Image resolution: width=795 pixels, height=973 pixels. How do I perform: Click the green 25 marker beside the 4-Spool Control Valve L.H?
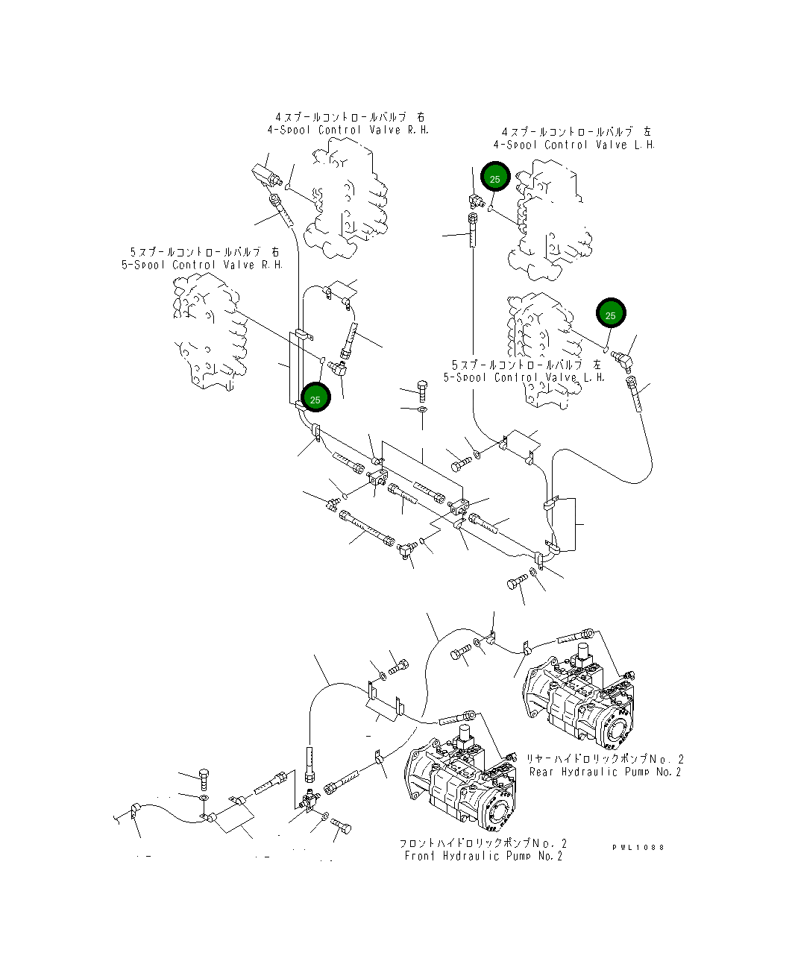pos(494,178)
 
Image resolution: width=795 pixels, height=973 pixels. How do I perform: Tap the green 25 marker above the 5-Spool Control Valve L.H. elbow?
pos(610,315)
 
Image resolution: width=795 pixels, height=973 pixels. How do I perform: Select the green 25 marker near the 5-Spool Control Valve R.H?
pos(315,399)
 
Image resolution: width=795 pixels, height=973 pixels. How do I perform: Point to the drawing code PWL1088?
pos(638,847)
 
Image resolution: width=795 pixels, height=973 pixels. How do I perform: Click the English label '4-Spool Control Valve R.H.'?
pos(348,130)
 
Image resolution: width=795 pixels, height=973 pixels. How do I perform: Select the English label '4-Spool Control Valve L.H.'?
pos(574,145)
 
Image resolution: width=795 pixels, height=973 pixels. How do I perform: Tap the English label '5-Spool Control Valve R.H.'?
pos(202,265)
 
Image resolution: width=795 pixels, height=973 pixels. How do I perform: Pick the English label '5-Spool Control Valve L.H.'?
pos(524,377)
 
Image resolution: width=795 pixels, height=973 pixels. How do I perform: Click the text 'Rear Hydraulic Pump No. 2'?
pos(605,772)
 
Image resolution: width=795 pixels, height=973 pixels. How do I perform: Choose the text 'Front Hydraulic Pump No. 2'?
pos(483,856)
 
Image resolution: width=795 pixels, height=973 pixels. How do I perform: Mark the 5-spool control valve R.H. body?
pos(209,332)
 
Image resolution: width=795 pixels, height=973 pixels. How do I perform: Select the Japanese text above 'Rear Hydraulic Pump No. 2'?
pos(605,758)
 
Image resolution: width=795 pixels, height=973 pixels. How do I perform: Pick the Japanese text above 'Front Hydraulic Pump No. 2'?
pos(483,843)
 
